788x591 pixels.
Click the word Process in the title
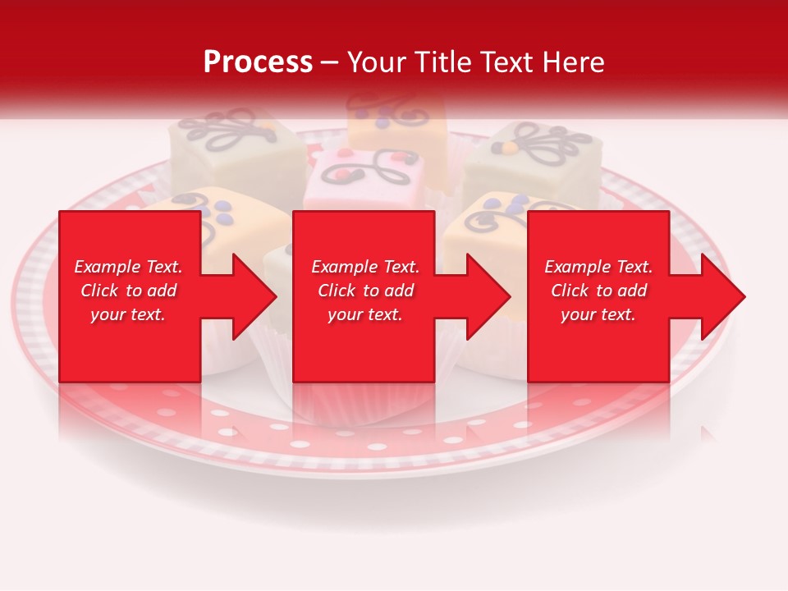click(x=258, y=62)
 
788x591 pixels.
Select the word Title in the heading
click(x=442, y=62)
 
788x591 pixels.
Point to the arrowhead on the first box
click(x=254, y=296)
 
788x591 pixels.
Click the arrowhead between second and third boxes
click(x=488, y=296)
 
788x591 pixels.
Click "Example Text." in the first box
click(x=128, y=267)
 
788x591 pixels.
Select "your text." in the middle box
click(x=365, y=314)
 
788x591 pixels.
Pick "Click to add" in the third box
click(x=599, y=291)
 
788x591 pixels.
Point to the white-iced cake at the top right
click(x=534, y=160)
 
